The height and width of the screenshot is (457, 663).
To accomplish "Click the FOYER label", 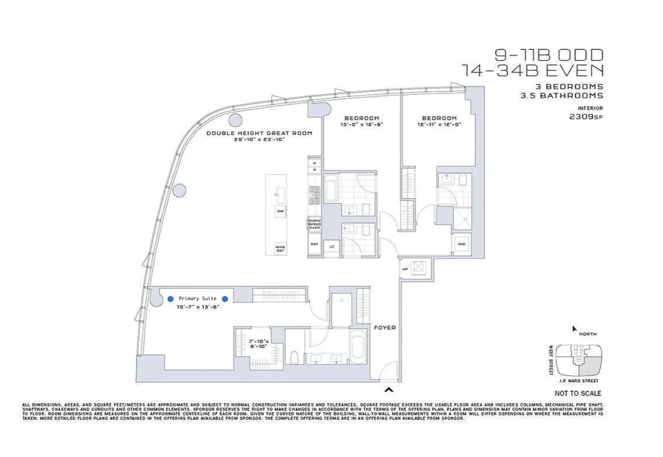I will click(384, 328).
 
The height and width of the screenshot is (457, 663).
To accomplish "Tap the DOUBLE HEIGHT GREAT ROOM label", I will click(259, 133).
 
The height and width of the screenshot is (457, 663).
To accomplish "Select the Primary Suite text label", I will click(197, 299).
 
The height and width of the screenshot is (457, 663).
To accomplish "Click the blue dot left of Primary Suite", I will click(171, 299).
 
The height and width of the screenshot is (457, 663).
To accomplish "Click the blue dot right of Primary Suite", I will click(225, 299).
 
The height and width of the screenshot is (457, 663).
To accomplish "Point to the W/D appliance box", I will click(461, 244).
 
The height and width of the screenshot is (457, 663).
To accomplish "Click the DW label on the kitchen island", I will click(281, 211).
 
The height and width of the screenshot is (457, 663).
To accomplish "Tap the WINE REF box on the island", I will click(280, 249).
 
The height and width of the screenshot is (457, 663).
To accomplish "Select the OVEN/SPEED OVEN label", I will click(314, 224).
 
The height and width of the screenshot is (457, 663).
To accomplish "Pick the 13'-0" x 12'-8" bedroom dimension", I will click(361, 125).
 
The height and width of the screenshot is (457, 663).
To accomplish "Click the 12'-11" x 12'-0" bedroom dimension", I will click(439, 125).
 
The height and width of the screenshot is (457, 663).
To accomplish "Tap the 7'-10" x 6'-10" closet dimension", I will click(259, 344).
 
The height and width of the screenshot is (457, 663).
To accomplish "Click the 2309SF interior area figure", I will click(586, 117).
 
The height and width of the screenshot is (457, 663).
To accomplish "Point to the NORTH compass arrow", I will click(574, 329).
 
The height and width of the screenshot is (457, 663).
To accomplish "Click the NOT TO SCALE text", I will click(578, 393).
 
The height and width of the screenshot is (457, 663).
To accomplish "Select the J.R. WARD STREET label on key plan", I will click(578, 381).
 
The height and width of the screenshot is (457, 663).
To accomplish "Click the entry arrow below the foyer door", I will click(389, 390).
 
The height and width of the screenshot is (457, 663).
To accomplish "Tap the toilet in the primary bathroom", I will click(294, 357).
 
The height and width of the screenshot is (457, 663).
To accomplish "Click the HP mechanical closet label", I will click(405, 269).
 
